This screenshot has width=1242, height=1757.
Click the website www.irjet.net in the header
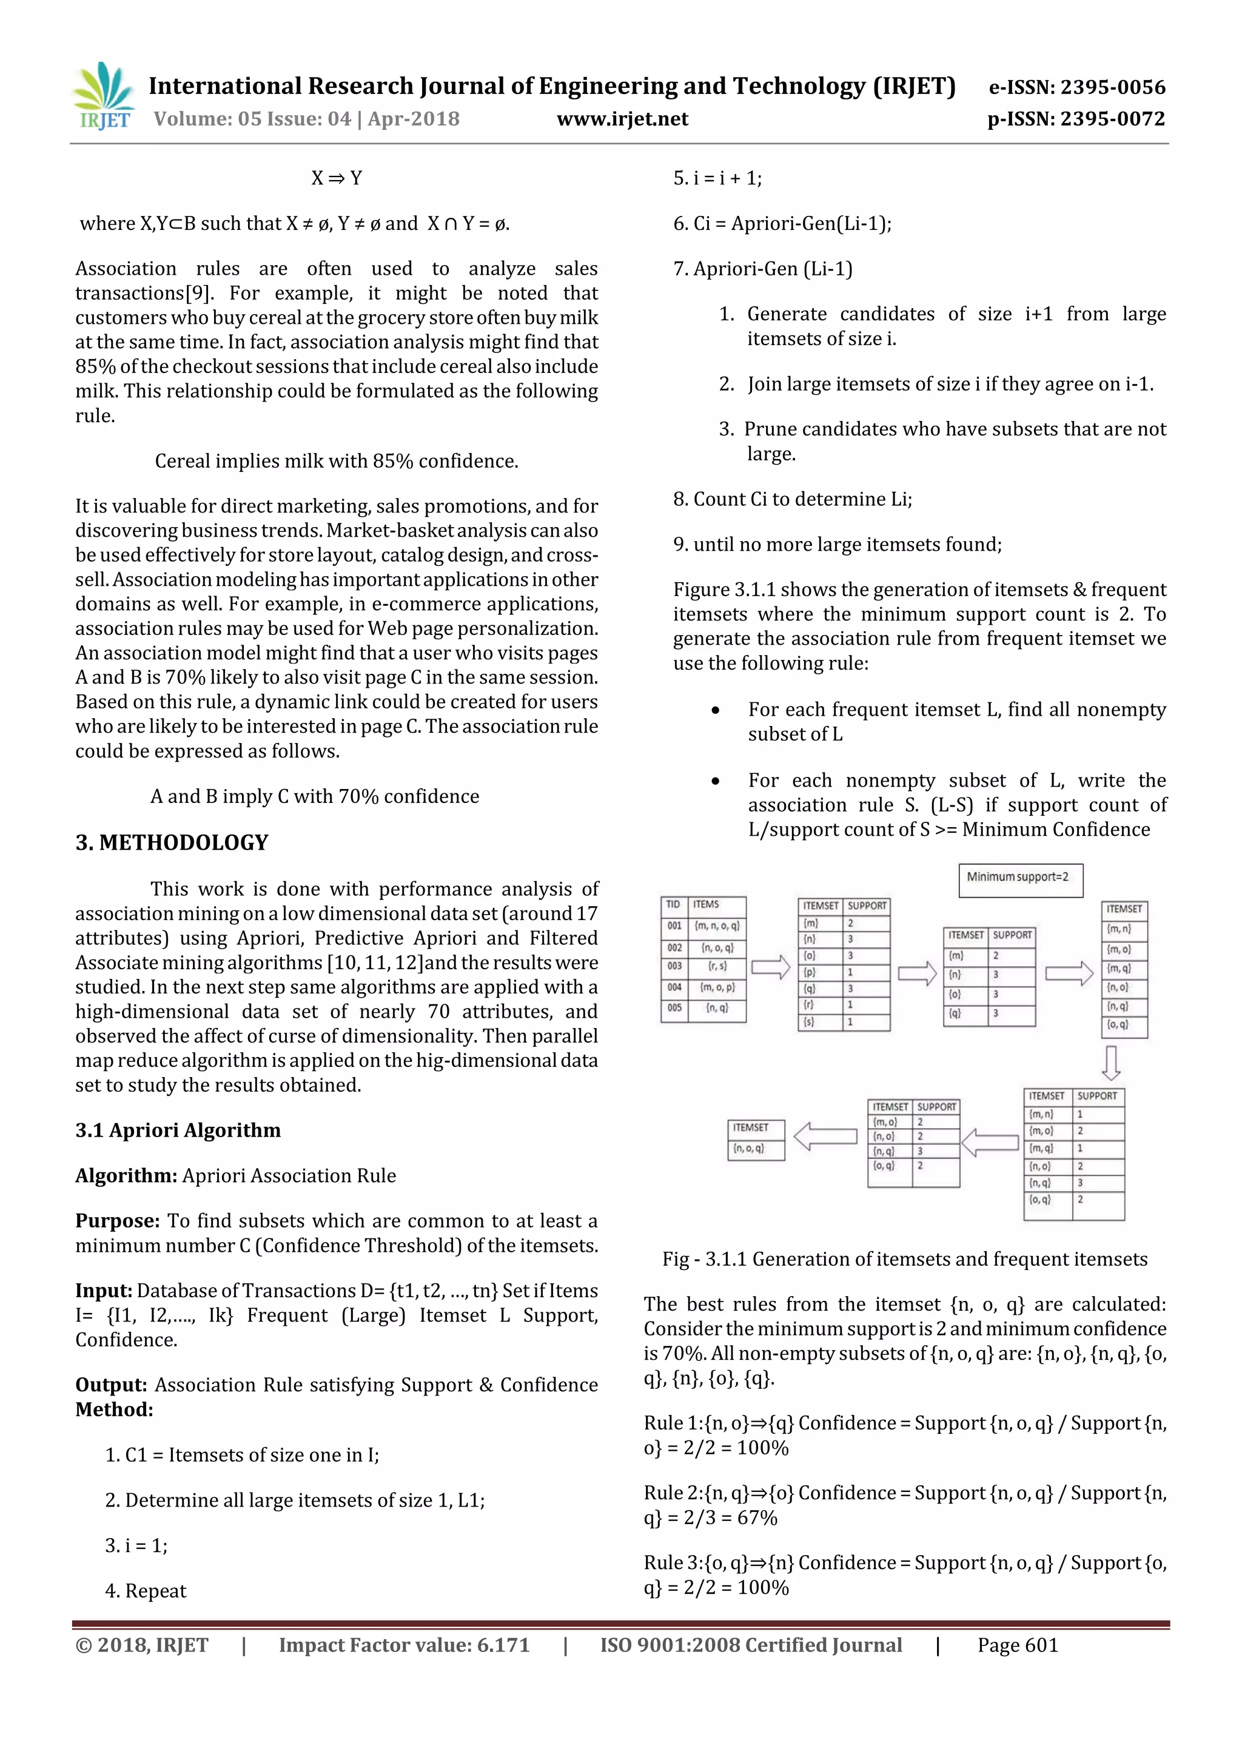[x=622, y=119]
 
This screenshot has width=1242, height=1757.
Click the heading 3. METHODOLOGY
[x=172, y=842]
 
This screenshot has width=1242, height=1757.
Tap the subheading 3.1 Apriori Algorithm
[x=178, y=1130]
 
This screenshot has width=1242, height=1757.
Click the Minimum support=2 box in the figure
[x=1019, y=878]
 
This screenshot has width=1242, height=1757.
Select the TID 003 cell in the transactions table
[x=674, y=966]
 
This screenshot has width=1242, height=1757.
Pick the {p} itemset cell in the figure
[x=810, y=972]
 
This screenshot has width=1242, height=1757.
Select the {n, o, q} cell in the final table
[x=749, y=1148]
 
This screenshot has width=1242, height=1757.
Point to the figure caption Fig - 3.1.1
[x=905, y=1259]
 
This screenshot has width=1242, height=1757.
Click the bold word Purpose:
[x=117, y=1221]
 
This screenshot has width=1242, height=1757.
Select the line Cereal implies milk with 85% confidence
[x=336, y=461]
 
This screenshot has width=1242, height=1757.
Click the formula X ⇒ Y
[x=336, y=178]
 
